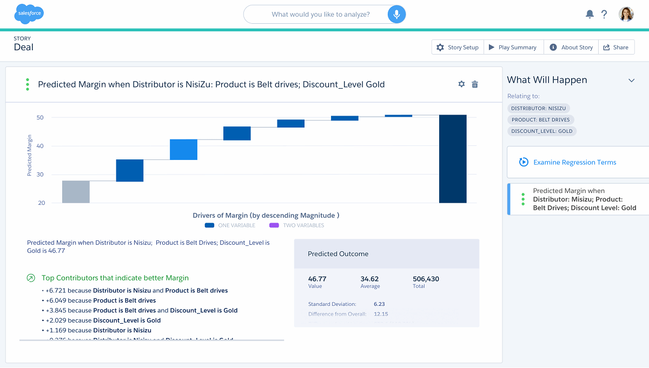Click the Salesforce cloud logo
click(29, 14)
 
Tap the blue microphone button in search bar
click(396, 15)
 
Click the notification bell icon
click(590, 15)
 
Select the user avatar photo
click(626, 14)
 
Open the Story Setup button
click(458, 48)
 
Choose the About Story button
click(571, 48)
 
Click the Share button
click(616, 48)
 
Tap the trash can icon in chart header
click(475, 84)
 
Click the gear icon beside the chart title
click(461, 84)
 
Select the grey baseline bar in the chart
click(76, 192)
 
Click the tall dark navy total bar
click(453, 159)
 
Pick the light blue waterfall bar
click(184, 150)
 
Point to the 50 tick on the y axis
click(41, 117)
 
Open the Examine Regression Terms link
click(574, 162)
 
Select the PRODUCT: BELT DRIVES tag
click(541, 119)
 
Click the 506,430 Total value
click(426, 279)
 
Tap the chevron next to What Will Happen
click(631, 81)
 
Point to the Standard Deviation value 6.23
click(379, 304)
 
